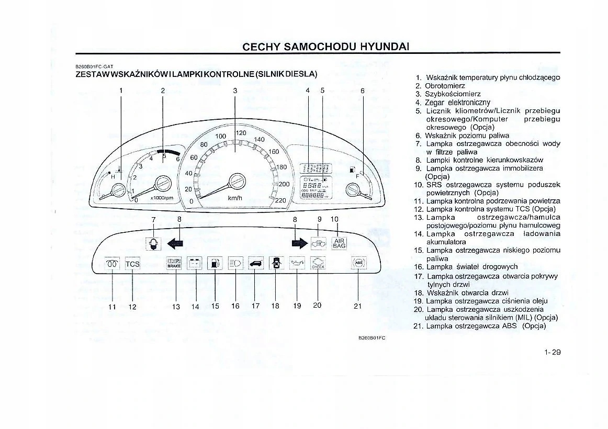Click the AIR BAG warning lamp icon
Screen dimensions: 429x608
pos(339,243)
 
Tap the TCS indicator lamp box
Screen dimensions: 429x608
pos(132,264)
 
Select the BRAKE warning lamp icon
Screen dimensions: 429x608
pos(174,263)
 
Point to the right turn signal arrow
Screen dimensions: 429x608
pos(299,243)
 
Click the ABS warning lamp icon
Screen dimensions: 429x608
pos(358,263)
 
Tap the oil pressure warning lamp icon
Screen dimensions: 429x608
pos(297,263)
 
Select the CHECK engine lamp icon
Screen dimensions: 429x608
pos(318,263)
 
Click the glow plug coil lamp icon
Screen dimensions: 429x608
pos(112,264)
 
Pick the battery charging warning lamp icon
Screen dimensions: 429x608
pos(195,263)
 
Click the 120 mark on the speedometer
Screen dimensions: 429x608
pos(241,133)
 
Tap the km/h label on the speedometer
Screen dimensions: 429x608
pos(234,198)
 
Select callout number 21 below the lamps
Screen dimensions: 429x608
pos(358,307)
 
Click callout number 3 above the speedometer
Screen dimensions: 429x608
pos(235,91)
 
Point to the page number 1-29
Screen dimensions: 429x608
pos(551,352)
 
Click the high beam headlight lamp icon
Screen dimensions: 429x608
pos(235,263)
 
